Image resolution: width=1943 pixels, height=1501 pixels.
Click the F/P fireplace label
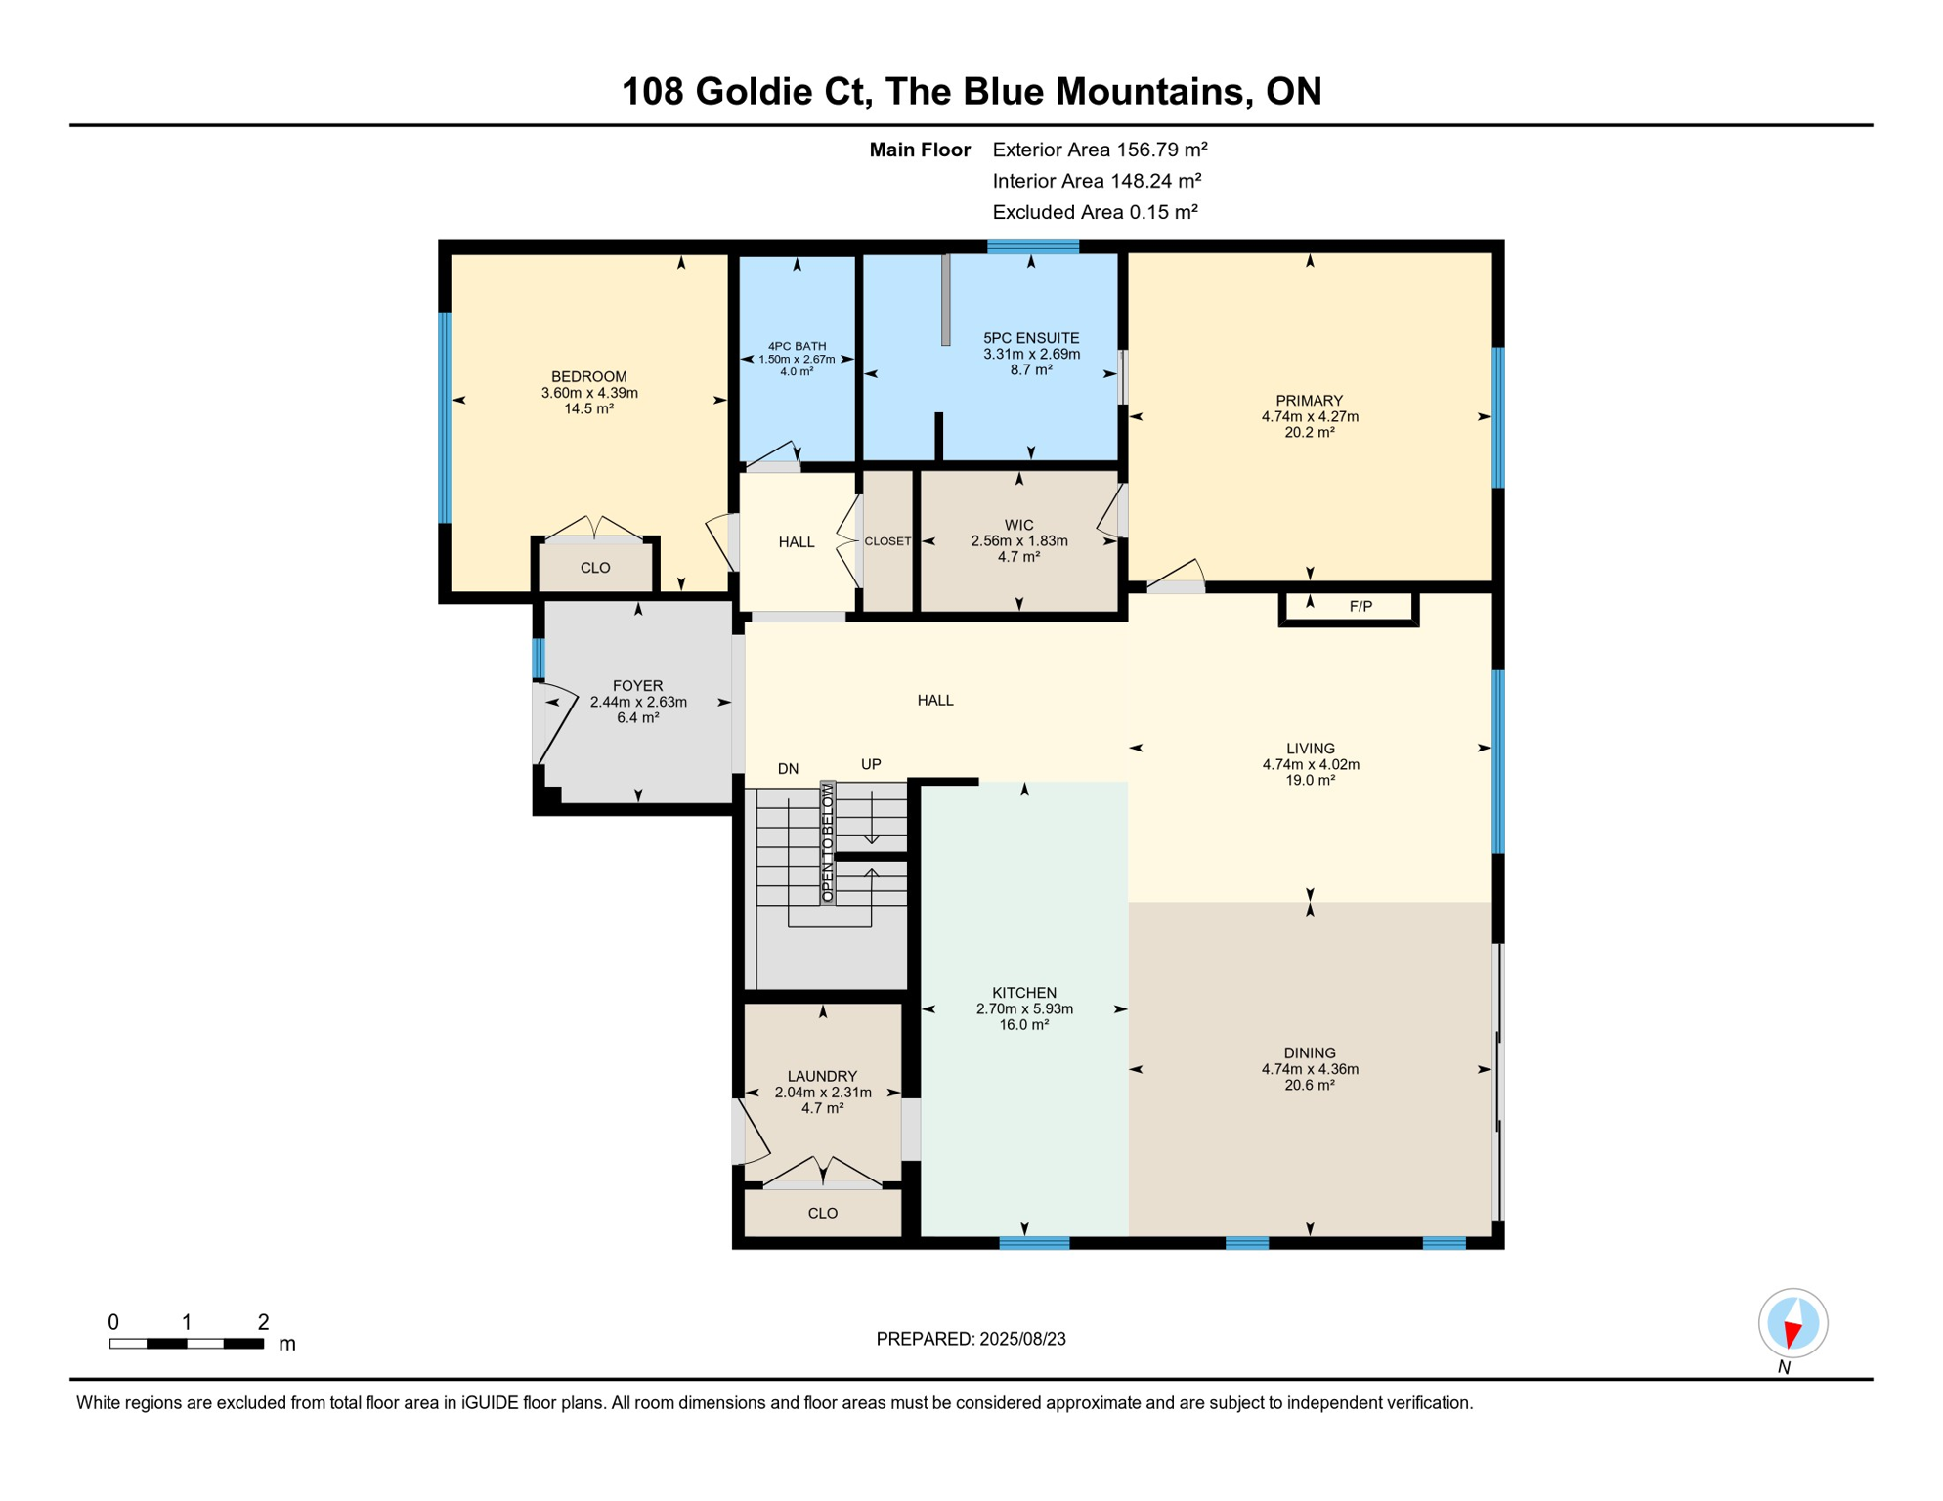(1360, 607)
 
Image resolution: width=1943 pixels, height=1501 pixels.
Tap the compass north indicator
(1792, 1324)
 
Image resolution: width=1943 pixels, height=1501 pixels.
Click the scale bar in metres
(187, 1344)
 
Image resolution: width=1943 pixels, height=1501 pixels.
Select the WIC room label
(1018, 525)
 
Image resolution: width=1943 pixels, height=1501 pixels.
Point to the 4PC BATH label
(797, 346)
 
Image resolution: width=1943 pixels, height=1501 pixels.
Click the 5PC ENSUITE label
(1031, 338)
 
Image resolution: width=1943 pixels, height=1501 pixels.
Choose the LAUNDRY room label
(822, 1076)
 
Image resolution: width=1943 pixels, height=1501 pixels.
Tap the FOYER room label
(637, 686)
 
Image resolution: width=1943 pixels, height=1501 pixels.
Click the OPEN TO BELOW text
(828, 842)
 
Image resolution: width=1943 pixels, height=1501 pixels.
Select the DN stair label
(788, 769)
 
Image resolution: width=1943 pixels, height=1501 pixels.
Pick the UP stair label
(871, 764)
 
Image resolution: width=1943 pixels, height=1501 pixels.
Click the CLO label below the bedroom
(595, 568)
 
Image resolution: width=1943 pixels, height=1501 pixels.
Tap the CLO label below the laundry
(822, 1213)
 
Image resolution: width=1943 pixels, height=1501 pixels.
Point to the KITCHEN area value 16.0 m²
(1023, 1025)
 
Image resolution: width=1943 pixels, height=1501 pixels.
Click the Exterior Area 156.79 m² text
(1100, 150)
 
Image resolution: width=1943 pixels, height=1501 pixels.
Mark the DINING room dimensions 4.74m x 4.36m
(1310, 1069)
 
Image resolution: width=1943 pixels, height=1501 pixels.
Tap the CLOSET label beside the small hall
(887, 541)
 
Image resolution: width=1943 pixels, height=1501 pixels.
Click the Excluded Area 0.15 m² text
(1095, 212)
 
